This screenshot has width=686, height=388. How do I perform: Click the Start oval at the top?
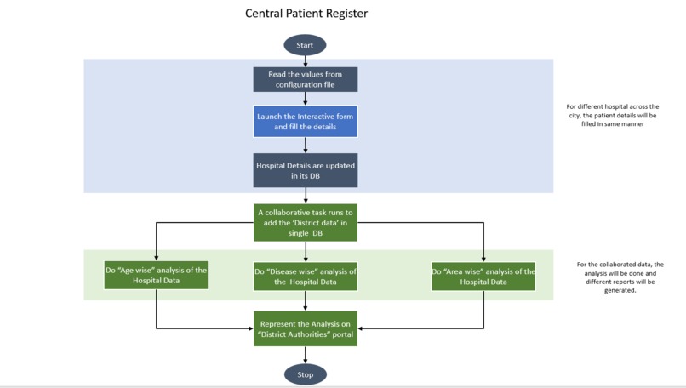click(305, 45)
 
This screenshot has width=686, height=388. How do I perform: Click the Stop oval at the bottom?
click(305, 374)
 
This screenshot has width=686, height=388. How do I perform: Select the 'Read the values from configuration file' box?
click(305, 79)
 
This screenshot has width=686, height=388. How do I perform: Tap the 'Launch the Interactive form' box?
click(305, 121)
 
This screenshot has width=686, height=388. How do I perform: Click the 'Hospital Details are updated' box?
click(305, 170)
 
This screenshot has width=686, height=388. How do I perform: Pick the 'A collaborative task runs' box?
click(305, 221)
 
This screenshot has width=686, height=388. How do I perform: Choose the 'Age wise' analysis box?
click(156, 276)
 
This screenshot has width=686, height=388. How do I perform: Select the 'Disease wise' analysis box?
click(305, 277)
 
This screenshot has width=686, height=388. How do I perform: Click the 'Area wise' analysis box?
click(483, 277)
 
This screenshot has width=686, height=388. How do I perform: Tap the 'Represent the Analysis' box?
click(305, 328)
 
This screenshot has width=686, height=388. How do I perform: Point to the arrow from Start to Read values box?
click(305, 61)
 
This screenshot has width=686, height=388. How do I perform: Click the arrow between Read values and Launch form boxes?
click(305, 99)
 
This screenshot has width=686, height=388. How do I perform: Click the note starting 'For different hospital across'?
click(613, 115)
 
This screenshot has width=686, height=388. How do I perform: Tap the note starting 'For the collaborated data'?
click(619, 277)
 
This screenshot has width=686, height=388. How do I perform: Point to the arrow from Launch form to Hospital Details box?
click(305, 145)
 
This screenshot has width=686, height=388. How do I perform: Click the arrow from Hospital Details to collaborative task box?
click(305, 195)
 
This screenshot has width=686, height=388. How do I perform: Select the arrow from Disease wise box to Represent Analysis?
click(305, 301)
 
